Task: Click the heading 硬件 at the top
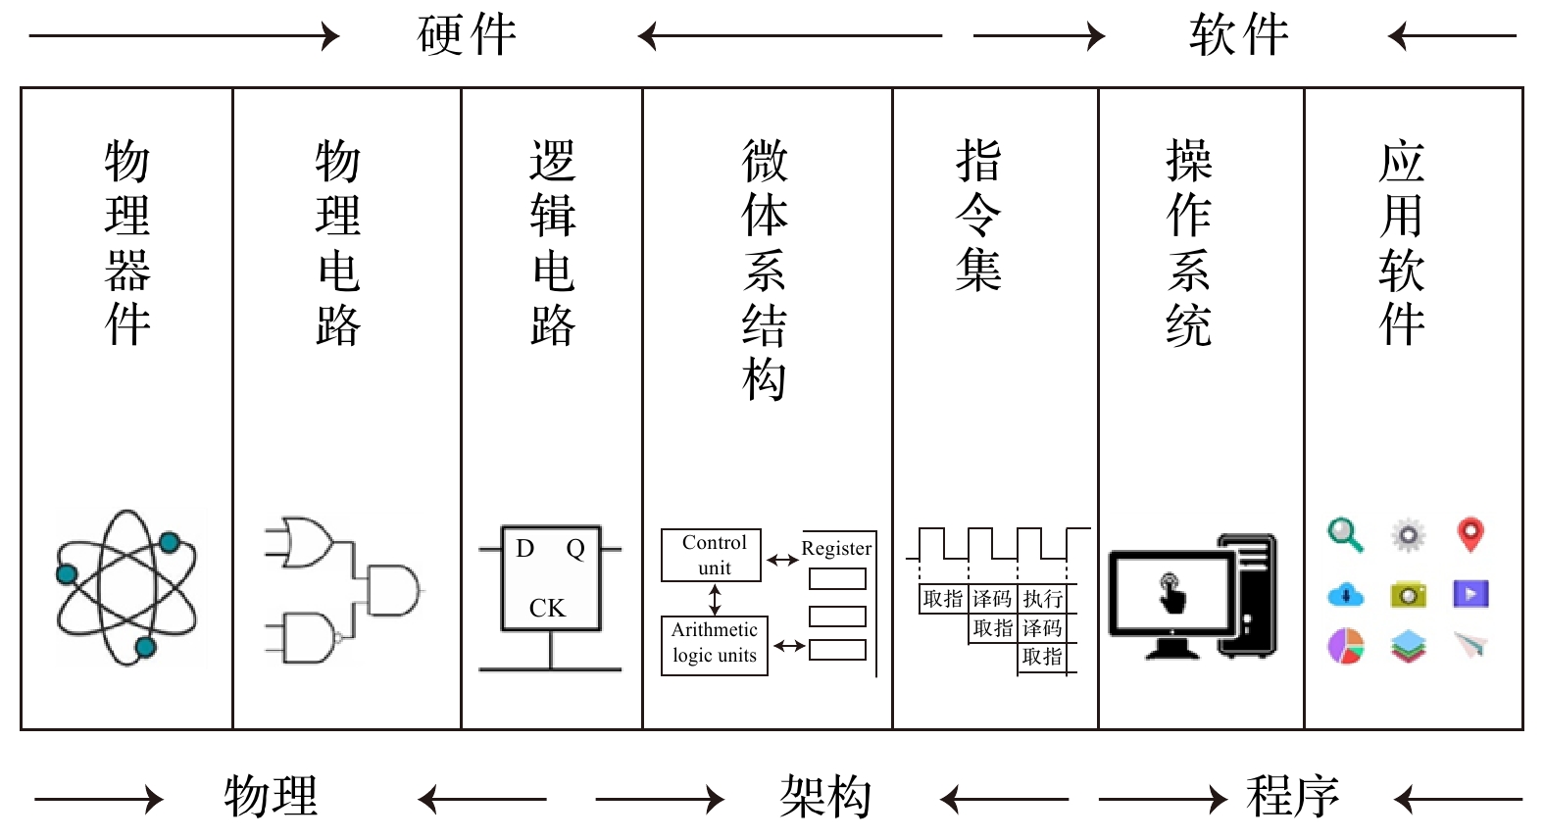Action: [467, 36]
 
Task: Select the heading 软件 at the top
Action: [1239, 36]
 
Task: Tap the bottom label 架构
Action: [825, 797]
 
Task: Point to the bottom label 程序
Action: [1293, 797]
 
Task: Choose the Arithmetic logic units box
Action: [715, 644]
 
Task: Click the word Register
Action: [836, 549]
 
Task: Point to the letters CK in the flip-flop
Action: [547, 609]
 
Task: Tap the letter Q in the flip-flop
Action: [575, 549]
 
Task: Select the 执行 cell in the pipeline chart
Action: [1042, 599]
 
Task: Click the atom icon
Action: [126, 587]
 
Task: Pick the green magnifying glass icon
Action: [1345, 535]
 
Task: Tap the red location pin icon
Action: [1469, 534]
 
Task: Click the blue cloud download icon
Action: [1345, 594]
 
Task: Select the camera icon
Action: [1408, 594]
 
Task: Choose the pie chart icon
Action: [1345, 646]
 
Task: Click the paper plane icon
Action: [1470, 645]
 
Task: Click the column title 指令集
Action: [977, 215]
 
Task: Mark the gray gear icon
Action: [1408, 535]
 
